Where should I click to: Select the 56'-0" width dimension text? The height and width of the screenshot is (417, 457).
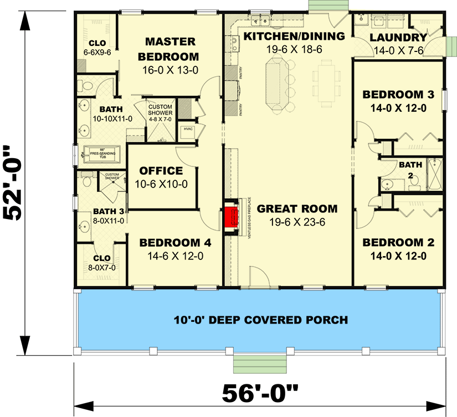coord(260,393)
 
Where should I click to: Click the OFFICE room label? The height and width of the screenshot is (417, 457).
coord(161,171)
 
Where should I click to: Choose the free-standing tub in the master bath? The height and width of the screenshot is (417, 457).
coord(101,153)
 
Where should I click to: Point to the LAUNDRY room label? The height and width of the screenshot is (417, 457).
coord(398,38)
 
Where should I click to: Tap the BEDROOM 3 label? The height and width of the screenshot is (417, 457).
coord(398,95)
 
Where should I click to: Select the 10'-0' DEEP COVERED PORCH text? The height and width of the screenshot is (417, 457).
coord(260,320)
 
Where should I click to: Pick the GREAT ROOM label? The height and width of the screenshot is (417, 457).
coord(297,208)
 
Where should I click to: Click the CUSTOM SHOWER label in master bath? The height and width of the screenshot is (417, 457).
coord(160,110)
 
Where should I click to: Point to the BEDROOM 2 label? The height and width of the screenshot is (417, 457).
coord(398,243)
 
